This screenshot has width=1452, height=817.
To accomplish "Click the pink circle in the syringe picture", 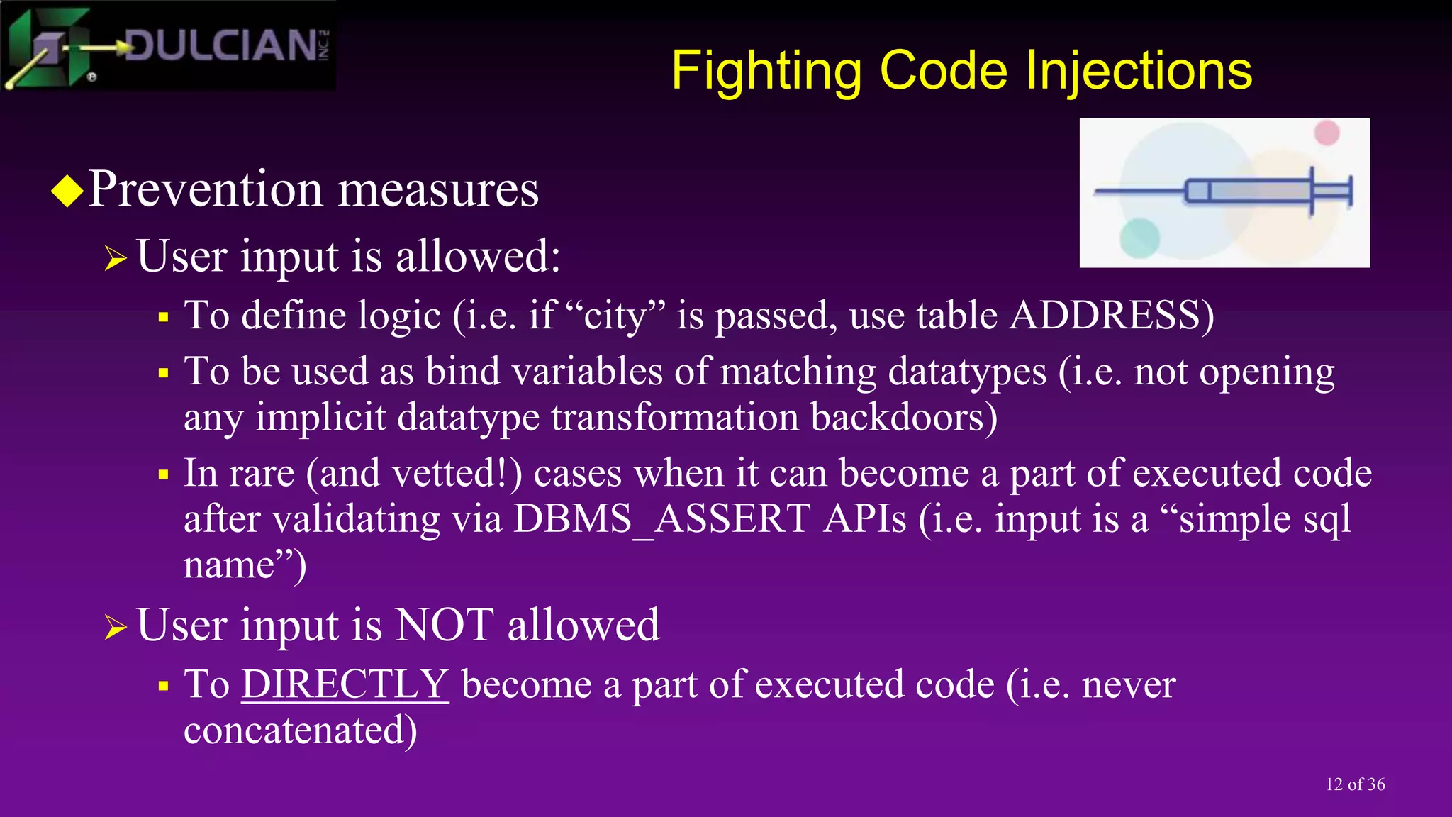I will pyautogui.click(x=1327, y=133).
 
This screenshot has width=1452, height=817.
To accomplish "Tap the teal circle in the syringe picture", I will pyautogui.click(x=1139, y=238).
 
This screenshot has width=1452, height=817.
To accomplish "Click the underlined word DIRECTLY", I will pyautogui.click(x=345, y=684).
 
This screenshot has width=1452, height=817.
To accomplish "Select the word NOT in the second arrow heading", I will pyautogui.click(x=444, y=626).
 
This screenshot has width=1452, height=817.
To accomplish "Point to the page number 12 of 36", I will pyautogui.click(x=1354, y=784).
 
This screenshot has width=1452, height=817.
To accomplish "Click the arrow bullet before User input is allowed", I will pyautogui.click(x=115, y=258).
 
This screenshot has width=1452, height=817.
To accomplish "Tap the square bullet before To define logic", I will pyautogui.click(x=164, y=317).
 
